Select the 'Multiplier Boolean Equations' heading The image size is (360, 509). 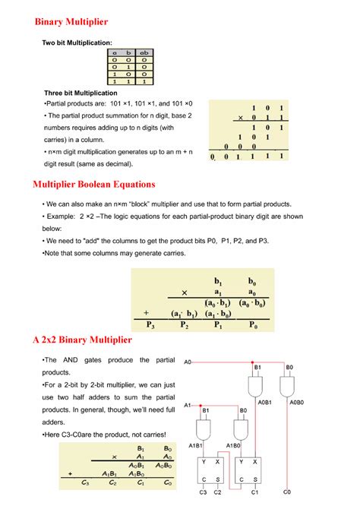(94, 184)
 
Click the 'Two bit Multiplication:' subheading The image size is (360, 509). (77, 44)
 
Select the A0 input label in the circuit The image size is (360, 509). (188, 362)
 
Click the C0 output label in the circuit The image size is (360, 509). (286, 492)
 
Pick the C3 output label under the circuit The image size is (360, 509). (203, 492)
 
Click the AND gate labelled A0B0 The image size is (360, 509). (289, 386)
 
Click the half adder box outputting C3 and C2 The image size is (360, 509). (210, 470)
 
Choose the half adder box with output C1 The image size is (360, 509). (248, 470)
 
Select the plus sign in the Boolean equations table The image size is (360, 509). (146, 312)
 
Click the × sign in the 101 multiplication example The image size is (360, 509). (241, 118)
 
